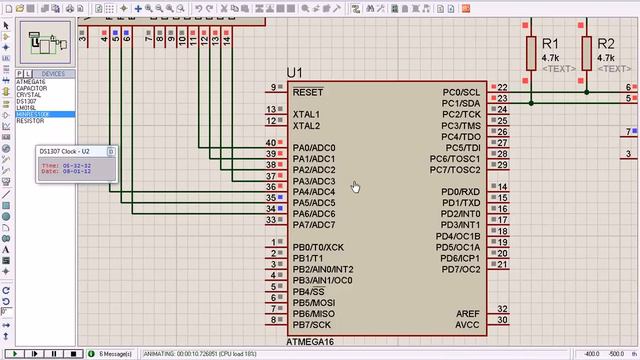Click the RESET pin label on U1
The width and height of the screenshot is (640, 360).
click(x=308, y=92)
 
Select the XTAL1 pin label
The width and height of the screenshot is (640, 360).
click(x=306, y=115)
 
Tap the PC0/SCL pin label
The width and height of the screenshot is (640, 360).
click(x=461, y=92)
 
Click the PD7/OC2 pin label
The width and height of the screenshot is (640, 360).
click(x=461, y=269)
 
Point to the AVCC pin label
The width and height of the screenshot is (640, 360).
click(x=468, y=325)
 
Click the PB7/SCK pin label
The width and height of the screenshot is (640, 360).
click(x=313, y=325)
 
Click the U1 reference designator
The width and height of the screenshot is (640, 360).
click(x=294, y=73)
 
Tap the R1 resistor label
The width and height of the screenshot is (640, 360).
click(x=550, y=45)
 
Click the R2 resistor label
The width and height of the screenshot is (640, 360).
click(x=605, y=45)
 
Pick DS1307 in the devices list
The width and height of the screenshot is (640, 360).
click(x=27, y=101)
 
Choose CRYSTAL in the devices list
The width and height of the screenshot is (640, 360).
click(x=29, y=94)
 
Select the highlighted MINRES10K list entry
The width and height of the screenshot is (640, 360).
click(x=33, y=114)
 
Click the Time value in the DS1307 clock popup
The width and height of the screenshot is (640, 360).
click(x=77, y=164)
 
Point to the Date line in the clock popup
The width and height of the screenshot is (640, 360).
click(x=65, y=171)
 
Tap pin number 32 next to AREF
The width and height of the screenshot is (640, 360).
click(x=502, y=310)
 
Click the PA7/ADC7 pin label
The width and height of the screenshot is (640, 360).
click(x=314, y=224)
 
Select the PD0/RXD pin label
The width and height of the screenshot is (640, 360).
click(x=461, y=191)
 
